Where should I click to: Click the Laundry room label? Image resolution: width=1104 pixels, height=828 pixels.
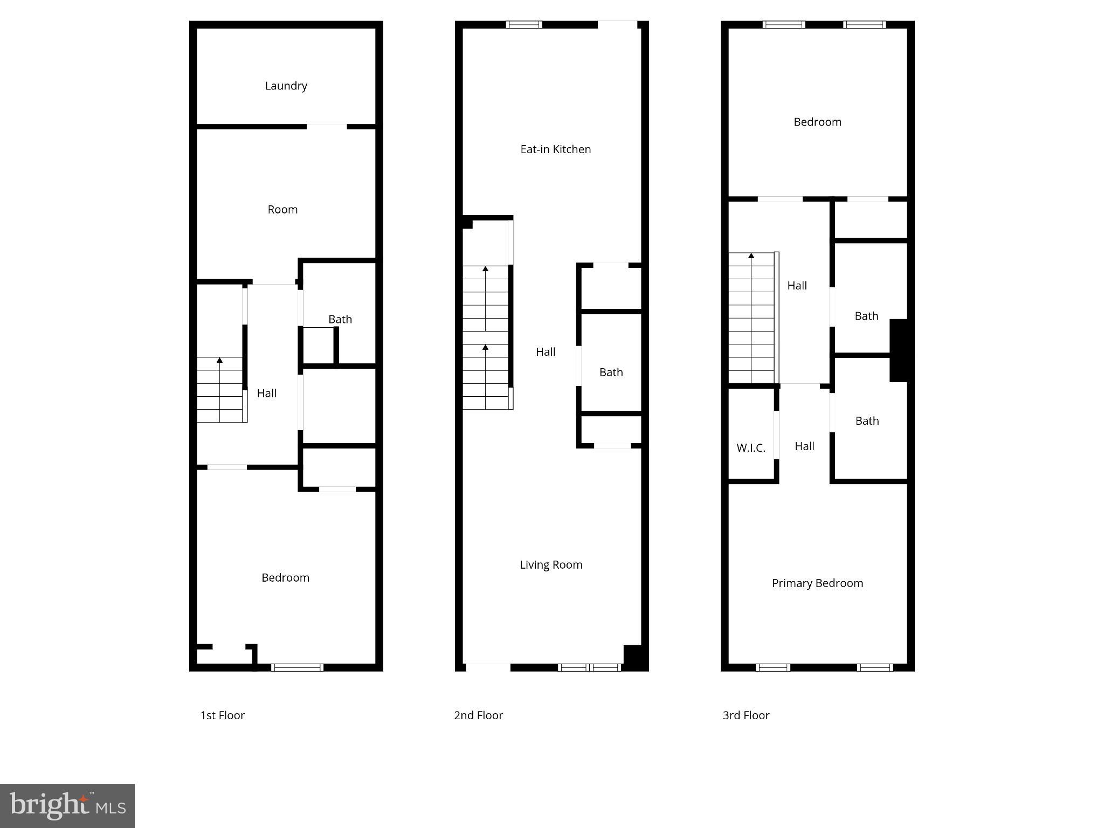286,86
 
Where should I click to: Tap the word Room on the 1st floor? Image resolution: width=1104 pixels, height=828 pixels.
282,209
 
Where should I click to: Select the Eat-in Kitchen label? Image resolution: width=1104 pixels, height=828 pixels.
555,149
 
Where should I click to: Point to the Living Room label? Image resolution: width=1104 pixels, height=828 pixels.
550,564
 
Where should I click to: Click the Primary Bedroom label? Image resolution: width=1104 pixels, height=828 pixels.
817,583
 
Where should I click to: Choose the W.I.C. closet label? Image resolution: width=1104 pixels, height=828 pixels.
750,447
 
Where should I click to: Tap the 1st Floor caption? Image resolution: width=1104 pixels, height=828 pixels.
222,715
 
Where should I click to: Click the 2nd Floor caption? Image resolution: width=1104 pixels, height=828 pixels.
478,715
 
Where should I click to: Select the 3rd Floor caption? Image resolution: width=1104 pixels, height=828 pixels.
746,715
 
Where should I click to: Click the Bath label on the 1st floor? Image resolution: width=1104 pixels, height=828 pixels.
340,319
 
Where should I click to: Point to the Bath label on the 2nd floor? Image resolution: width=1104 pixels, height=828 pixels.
611,372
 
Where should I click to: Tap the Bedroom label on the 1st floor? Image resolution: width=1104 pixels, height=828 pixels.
285,577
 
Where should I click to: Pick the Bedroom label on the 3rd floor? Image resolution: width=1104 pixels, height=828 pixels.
817,122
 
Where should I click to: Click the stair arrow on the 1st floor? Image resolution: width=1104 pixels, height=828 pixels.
219,360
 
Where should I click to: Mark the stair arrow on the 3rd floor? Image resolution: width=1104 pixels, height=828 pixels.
751,256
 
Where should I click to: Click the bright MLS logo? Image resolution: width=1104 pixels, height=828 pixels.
67,806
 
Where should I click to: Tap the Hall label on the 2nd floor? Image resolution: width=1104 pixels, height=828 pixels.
545,352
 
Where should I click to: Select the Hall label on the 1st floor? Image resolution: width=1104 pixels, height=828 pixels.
266,394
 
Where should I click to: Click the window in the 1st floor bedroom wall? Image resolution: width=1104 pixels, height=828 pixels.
297,667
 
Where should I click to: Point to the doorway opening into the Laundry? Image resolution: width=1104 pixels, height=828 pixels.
327,127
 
